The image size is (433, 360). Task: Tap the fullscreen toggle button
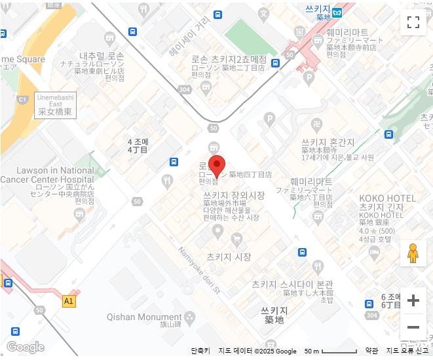click(413, 22)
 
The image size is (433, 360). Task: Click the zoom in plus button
click(413, 300)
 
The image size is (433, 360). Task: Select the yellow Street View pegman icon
click(413, 253)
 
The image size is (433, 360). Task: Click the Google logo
click(25, 347)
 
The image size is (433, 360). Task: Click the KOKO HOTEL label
click(387, 198)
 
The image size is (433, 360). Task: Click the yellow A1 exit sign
click(69, 301)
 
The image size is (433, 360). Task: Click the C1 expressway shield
click(22, 99)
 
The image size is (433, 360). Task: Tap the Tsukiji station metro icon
click(337, 12)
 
